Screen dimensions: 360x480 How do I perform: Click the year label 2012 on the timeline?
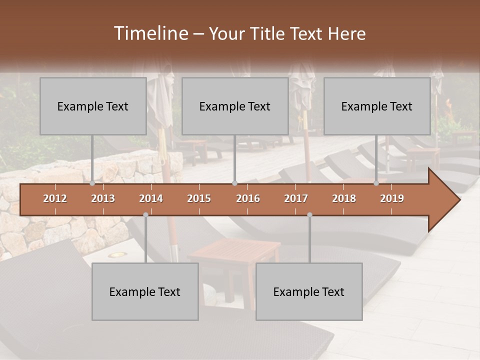click(55, 198)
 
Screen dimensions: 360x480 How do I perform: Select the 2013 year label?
click(103, 198)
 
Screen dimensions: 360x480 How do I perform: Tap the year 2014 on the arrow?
click(151, 198)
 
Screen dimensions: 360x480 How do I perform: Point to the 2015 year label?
click(199, 198)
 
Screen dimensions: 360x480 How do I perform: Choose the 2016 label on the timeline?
click(248, 198)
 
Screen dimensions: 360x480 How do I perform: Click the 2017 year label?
click(296, 198)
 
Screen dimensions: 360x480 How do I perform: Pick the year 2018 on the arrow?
click(344, 198)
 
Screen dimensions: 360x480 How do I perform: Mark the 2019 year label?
click(392, 198)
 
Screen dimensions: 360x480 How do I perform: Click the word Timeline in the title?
click(150, 33)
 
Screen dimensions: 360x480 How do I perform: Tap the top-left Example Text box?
click(93, 106)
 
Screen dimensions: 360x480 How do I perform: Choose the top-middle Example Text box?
click(235, 106)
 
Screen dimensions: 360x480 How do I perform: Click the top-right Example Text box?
click(377, 106)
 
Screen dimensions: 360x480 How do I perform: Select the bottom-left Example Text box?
click(145, 291)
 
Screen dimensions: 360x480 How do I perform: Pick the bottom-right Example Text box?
click(309, 291)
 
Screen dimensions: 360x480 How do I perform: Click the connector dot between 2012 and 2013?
click(92, 183)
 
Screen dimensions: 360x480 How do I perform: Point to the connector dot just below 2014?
click(145, 214)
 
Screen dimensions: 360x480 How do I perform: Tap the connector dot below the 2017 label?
click(309, 214)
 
